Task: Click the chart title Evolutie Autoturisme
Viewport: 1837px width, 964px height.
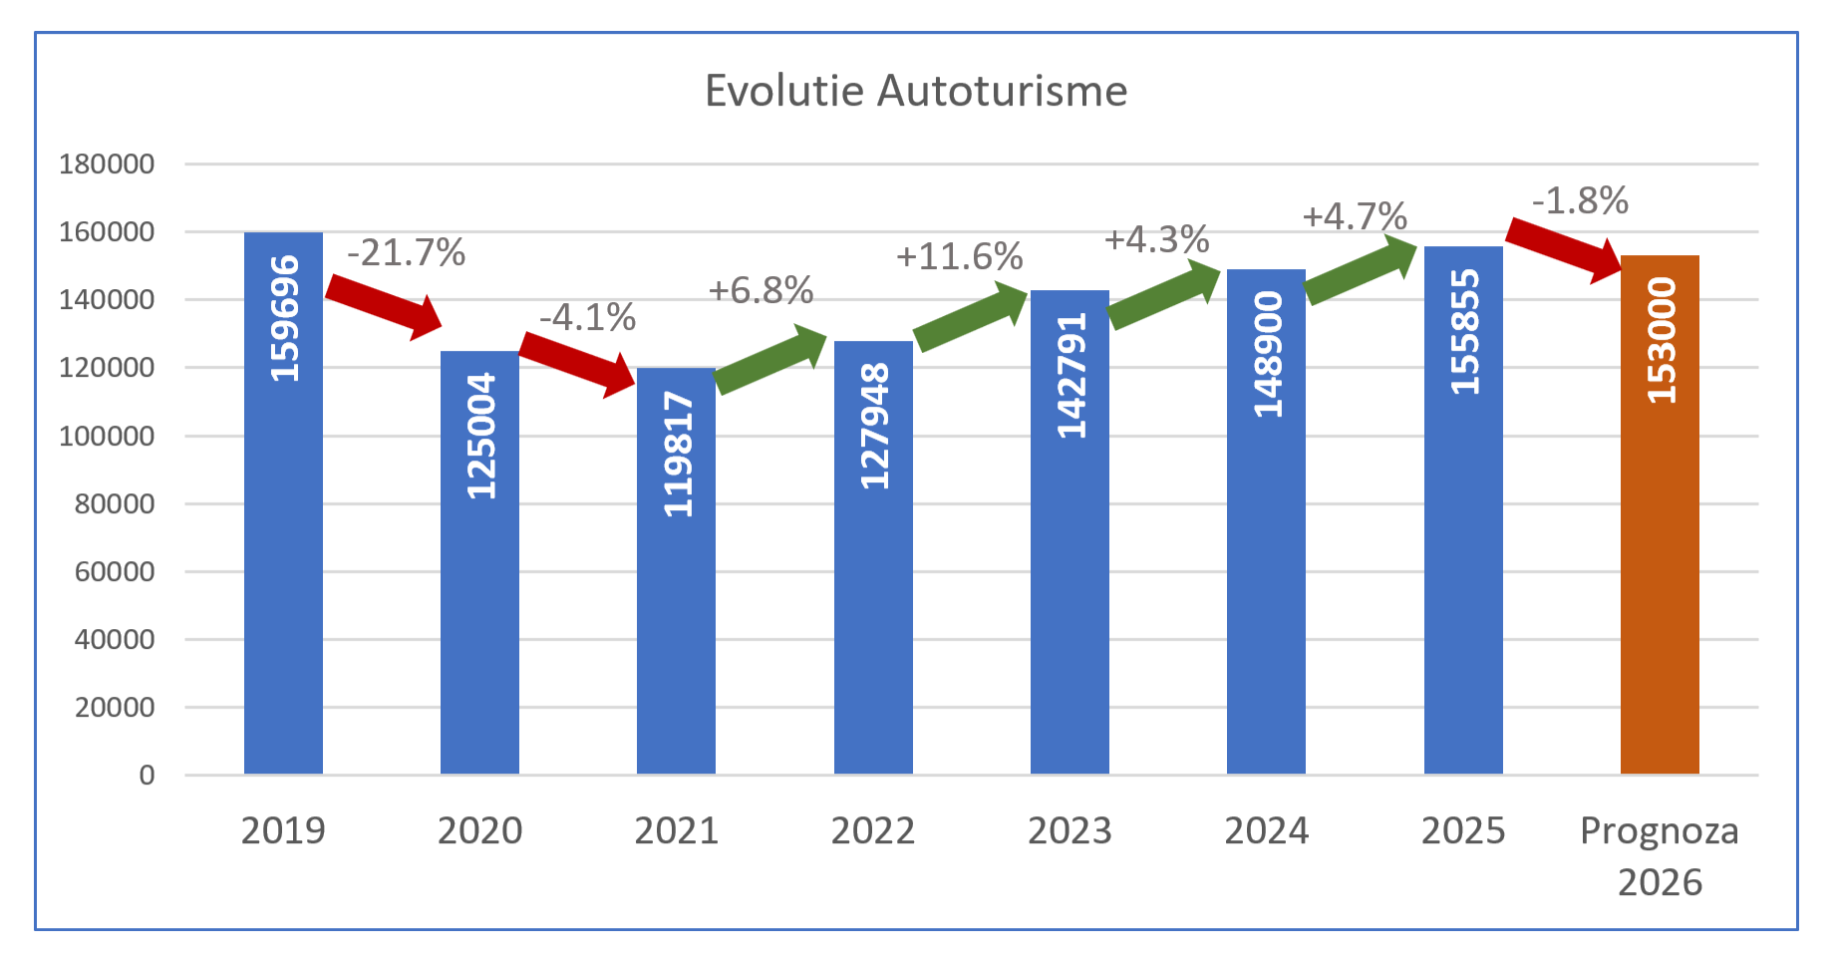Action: point(915,91)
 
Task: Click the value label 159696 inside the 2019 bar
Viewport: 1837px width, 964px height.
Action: point(284,319)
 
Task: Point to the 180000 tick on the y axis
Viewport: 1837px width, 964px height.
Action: point(107,163)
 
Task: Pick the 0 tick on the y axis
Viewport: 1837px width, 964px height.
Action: point(147,775)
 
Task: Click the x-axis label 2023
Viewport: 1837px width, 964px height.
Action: point(1070,830)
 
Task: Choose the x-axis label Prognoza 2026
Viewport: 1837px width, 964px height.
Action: point(1660,855)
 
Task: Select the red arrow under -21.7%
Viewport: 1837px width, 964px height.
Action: point(384,307)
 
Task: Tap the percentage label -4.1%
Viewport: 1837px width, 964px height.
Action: point(588,318)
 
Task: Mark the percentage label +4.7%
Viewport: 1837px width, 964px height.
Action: point(1355,216)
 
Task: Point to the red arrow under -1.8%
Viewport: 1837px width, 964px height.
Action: point(1564,250)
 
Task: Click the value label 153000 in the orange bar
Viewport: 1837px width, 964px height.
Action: point(1661,341)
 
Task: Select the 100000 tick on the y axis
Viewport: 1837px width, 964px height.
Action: point(107,436)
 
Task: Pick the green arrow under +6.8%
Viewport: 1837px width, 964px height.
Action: point(770,359)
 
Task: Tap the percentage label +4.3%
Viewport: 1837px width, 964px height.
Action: point(1156,239)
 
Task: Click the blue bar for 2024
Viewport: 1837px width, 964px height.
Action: point(1266,598)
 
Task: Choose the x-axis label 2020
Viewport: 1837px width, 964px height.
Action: point(479,830)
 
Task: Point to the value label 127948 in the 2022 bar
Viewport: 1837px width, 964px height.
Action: point(874,427)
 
